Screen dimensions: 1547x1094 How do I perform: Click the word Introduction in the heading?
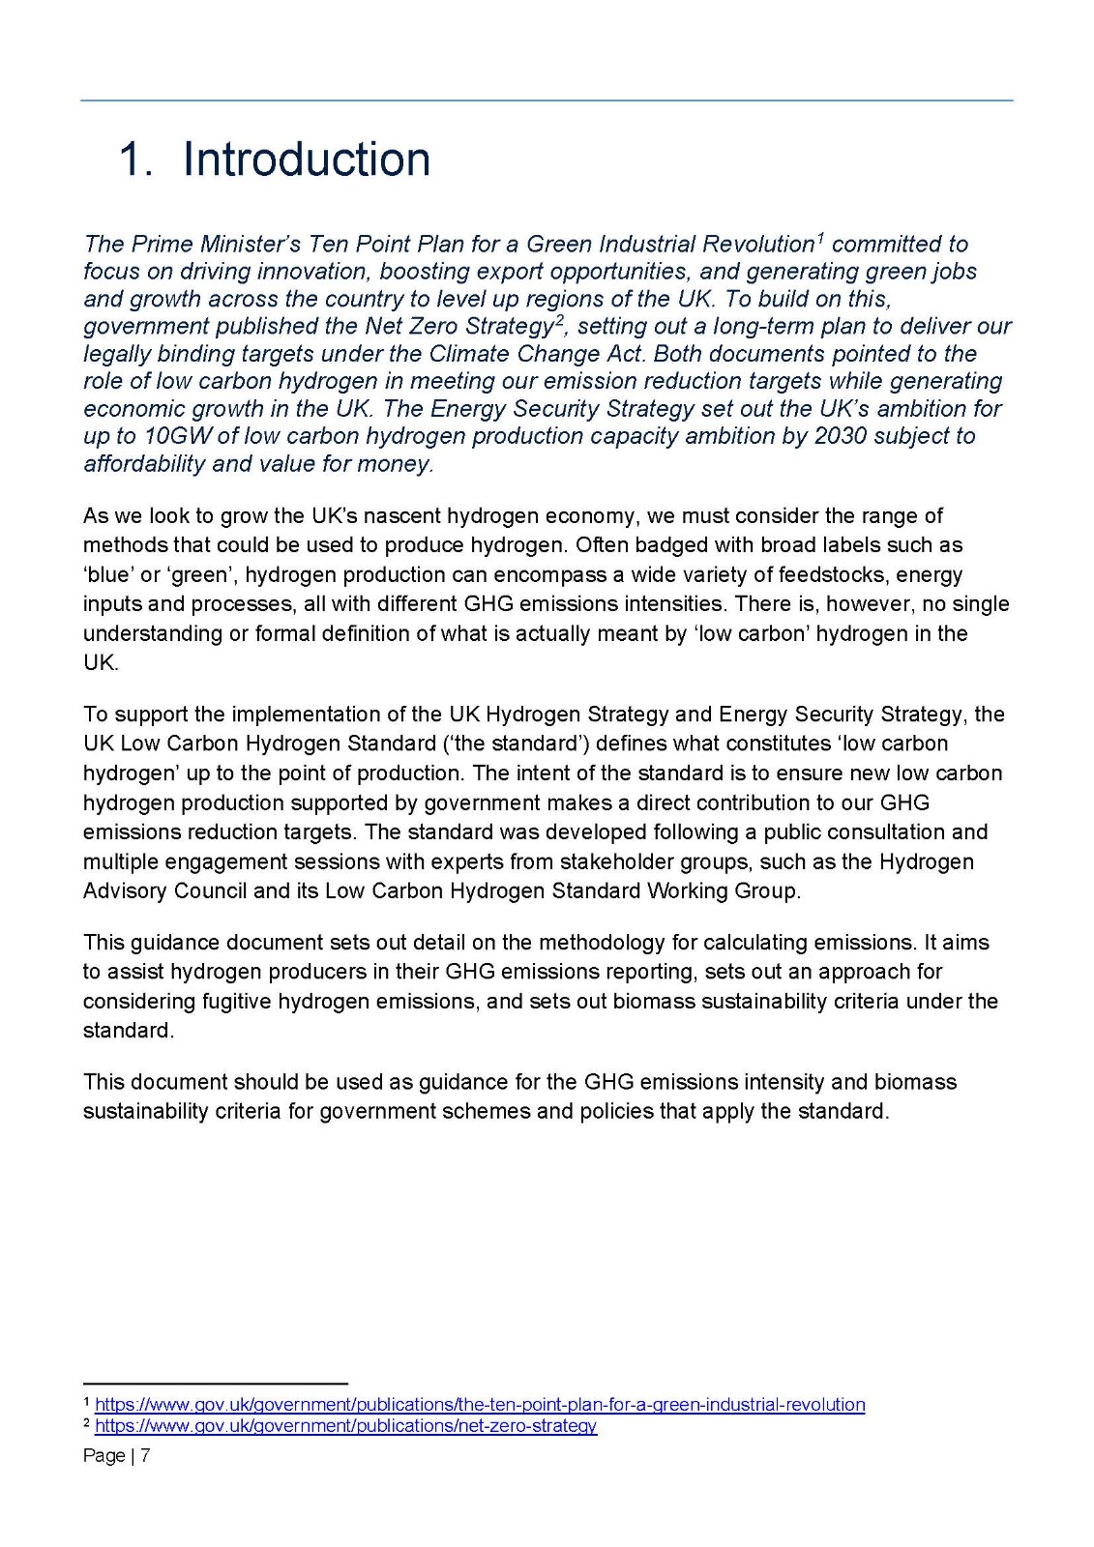pos(307,160)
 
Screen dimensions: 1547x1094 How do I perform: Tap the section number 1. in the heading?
pos(135,160)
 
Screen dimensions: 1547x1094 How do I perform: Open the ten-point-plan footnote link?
pos(480,1404)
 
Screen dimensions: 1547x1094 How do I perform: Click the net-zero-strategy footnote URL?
pos(345,1425)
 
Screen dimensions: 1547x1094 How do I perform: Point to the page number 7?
pos(145,1455)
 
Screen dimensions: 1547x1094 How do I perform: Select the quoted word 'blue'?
pos(108,574)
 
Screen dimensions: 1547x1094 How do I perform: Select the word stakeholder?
pos(655,861)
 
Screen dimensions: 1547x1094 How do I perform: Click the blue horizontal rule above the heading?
pos(547,100)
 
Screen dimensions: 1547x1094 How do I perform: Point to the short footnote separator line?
pos(215,1384)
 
